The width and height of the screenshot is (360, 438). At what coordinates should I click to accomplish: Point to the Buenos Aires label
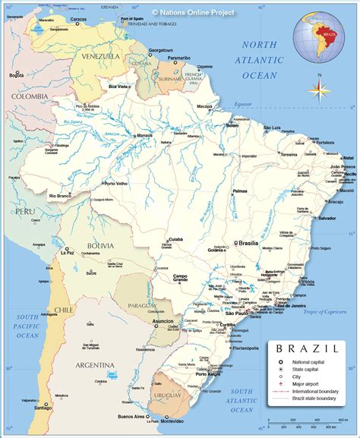(x=128, y=417)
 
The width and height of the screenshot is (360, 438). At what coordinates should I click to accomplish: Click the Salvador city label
(x=327, y=219)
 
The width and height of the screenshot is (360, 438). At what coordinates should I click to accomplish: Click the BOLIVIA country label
(x=99, y=246)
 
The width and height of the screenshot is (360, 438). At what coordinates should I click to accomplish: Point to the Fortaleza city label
(x=325, y=142)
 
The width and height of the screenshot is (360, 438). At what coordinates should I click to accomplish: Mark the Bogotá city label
(x=17, y=75)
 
